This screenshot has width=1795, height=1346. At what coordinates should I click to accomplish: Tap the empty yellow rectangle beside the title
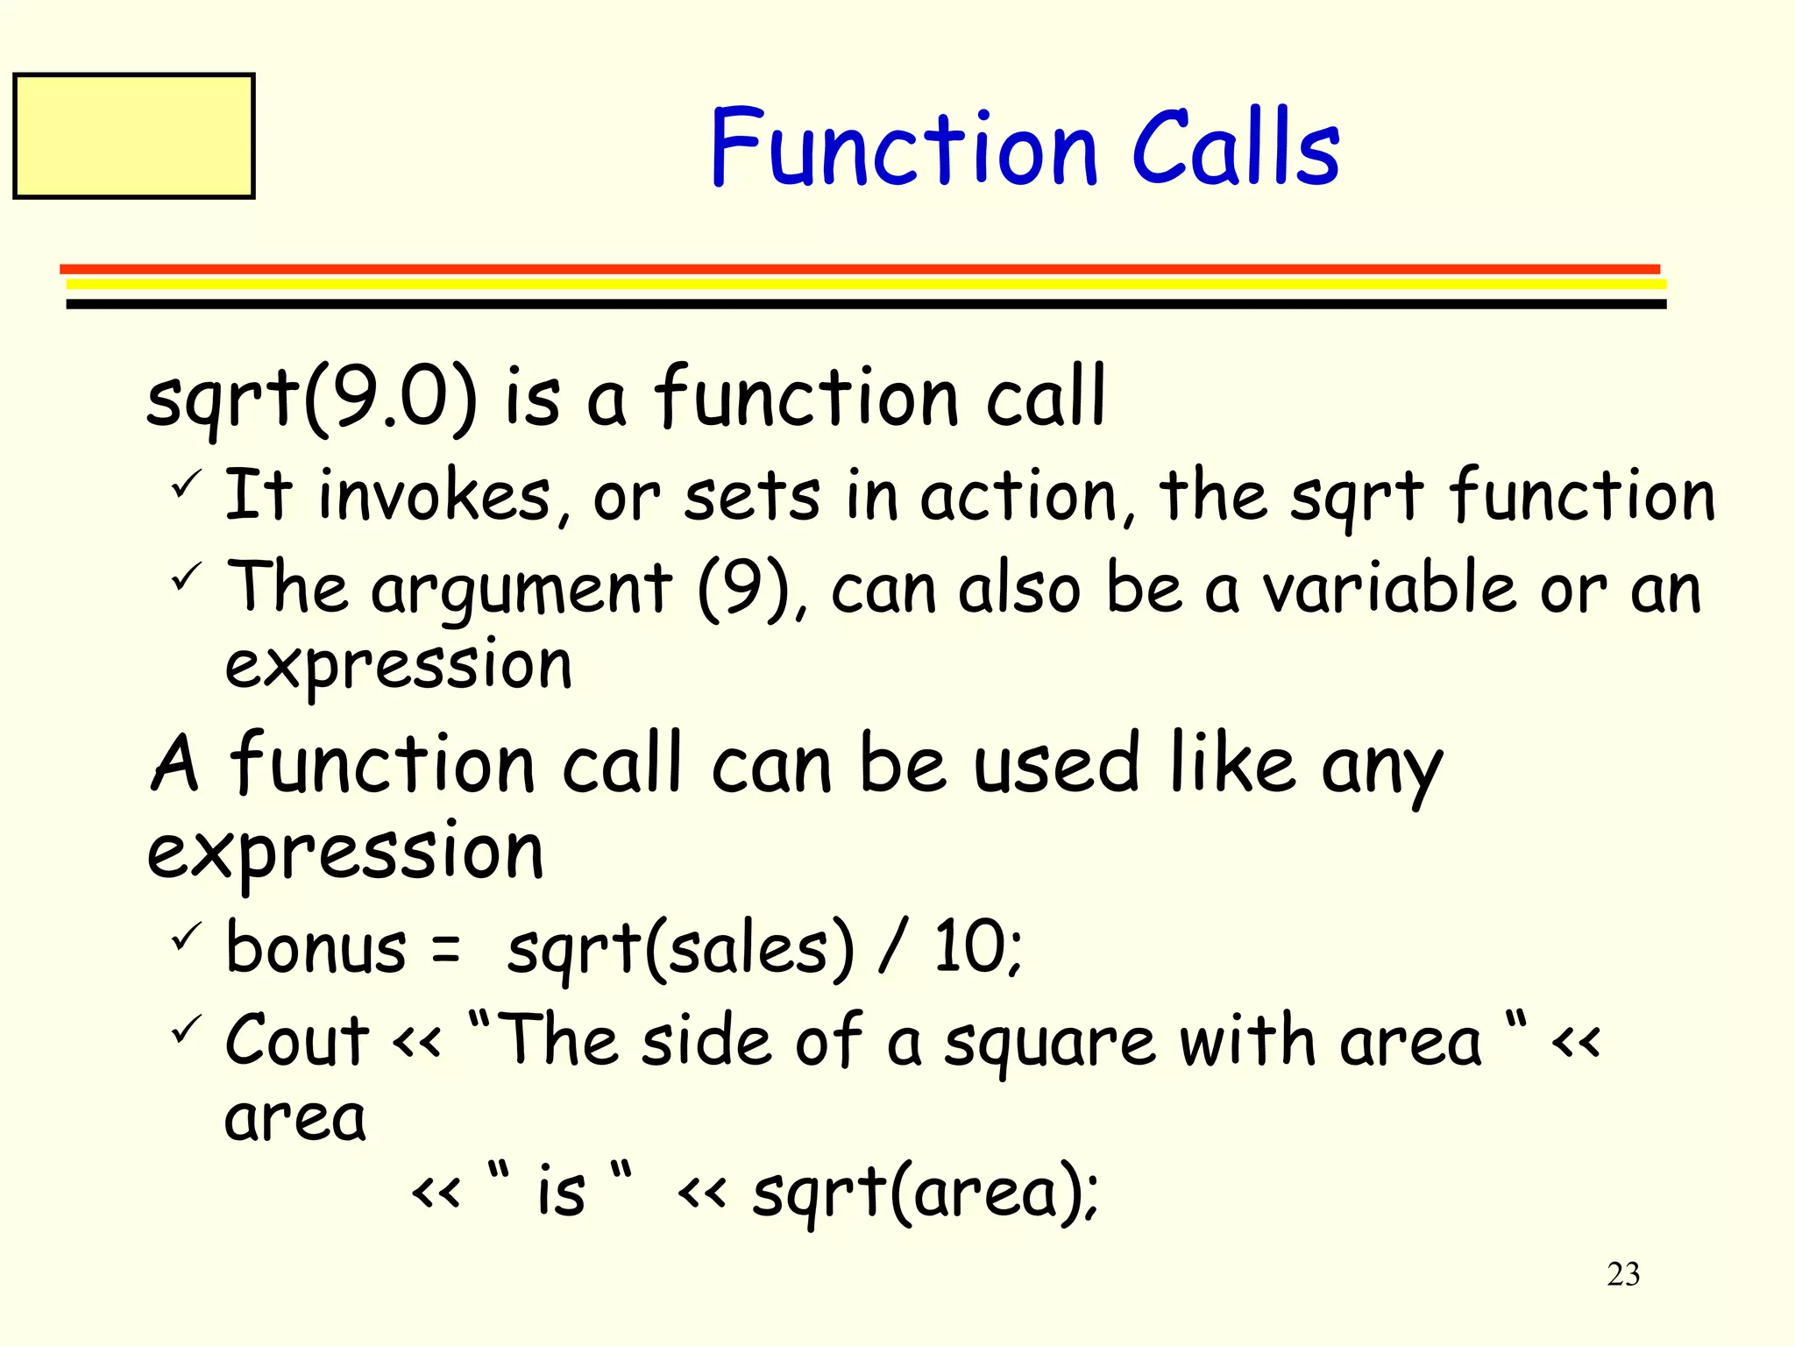coord(134,136)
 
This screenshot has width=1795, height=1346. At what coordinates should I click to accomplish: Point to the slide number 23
coord(1623,1274)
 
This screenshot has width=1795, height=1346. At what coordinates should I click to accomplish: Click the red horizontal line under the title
coord(859,269)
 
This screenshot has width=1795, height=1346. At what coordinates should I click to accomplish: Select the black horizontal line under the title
coord(866,304)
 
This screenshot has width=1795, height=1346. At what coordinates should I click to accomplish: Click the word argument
coord(522,590)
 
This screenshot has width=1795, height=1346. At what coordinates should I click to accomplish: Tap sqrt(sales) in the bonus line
coord(680,949)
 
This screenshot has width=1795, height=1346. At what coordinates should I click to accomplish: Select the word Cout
coord(297,1041)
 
